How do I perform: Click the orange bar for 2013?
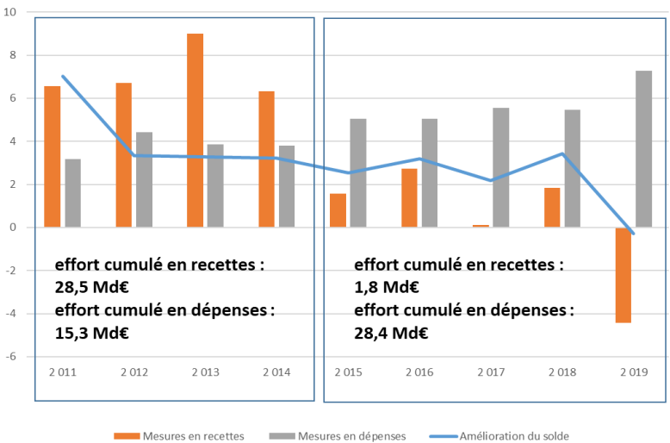pyautogui.click(x=195, y=130)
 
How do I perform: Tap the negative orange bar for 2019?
pyautogui.click(x=623, y=275)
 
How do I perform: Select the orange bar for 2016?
pyautogui.click(x=409, y=197)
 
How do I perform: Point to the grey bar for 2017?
pyautogui.click(x=501, y=167)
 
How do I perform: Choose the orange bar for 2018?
pyautogui.click(x=552, y=207)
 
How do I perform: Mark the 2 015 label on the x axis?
pyautogui.click(x=347, y=372)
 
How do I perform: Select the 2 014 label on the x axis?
pyautogui.click(x=276, y=372)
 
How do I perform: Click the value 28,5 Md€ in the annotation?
pyautogui.click(x=90, y=287)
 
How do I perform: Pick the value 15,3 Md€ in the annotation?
pyautogui.click(x=90, y=332)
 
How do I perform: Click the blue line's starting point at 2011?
pyautogui.click(x=62, y=76)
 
